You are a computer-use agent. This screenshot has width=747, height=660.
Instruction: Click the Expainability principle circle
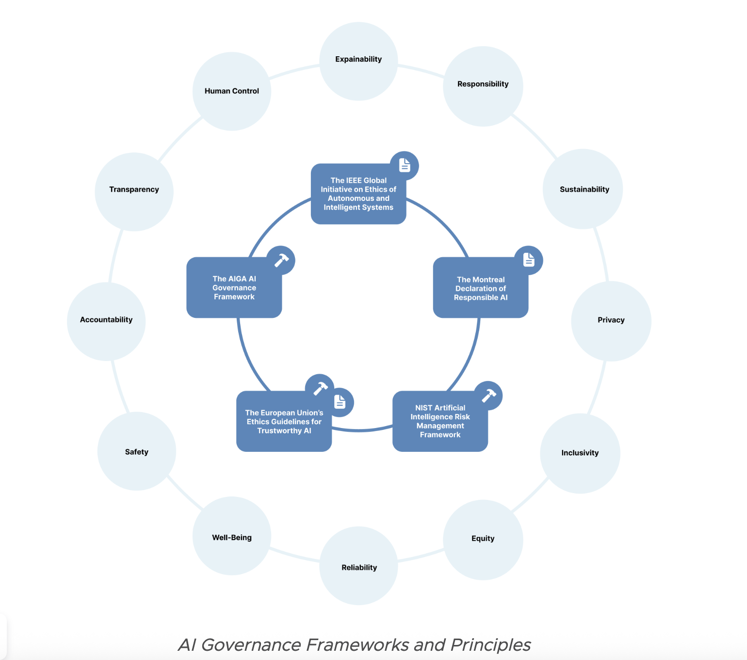[x=358, y=61]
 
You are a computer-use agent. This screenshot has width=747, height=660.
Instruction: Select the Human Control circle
[x=232, y=91]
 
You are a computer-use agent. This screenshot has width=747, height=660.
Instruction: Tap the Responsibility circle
[x=483, y=86]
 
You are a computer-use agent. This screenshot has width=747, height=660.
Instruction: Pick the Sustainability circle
[x=583, y=189]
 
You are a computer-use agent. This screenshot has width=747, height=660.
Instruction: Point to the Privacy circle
[x=611, y=321]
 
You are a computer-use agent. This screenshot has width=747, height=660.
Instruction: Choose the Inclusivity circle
[x=580, y=453]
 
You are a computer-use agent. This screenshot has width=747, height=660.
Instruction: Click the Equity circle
[x=483, y=539]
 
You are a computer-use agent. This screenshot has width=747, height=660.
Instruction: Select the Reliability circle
[x=359, y=566]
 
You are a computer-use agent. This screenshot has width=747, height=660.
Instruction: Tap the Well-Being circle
[x=232, y=536]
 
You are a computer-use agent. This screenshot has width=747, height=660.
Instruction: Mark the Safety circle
[x=137, y=451]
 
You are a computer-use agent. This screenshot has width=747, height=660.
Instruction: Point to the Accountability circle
[x=106, y=321]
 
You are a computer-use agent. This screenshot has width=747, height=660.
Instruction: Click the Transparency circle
[x=134, y=192]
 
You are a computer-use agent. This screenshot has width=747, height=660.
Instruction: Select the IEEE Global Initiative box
[x=358, y=194]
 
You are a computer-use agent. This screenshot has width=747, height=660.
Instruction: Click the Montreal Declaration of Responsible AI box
[x=480, y=288]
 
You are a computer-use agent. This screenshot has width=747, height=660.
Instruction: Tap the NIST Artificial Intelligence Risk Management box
[x=440, y=421]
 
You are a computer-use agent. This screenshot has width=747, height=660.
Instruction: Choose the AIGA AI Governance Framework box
[x=234, y=288]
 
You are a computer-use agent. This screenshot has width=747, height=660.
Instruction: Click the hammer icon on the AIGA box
[x=281, y=260]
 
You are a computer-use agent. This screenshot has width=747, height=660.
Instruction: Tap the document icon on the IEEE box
[x=405, y=165]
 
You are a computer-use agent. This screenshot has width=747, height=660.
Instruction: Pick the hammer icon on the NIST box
[x=488, y=396]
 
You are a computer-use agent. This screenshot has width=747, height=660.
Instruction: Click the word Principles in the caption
[x=490, y=645]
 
